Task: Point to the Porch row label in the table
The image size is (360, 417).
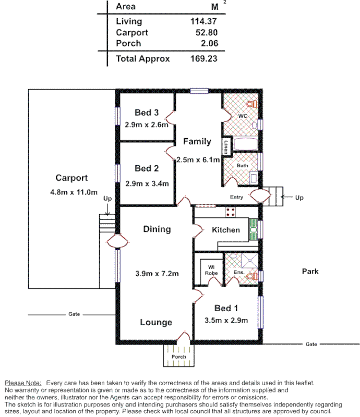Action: (x=128, y=43)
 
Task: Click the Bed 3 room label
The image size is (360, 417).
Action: (x=146, y=113)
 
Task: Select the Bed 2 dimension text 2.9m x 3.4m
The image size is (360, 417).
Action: (x=147, y=183)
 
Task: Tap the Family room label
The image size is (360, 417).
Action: (x=197, y=141)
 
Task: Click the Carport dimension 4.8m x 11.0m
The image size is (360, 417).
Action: (x=71, y=192)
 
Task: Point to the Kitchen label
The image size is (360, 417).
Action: (x=225, y=230)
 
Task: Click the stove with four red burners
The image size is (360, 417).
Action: (x=230, y=212)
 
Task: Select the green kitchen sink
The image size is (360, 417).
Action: (x=253, y=229)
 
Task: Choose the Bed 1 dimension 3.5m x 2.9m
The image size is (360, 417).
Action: (x=226, y=321)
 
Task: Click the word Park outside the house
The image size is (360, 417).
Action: (x=310, y=271)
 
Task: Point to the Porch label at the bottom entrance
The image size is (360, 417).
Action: (x=178, y=357)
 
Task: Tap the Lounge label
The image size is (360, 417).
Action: (x=155, y=323)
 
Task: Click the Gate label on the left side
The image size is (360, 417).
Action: (x=74, y=314)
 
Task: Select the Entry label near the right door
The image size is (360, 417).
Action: (x=237, y=197)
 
